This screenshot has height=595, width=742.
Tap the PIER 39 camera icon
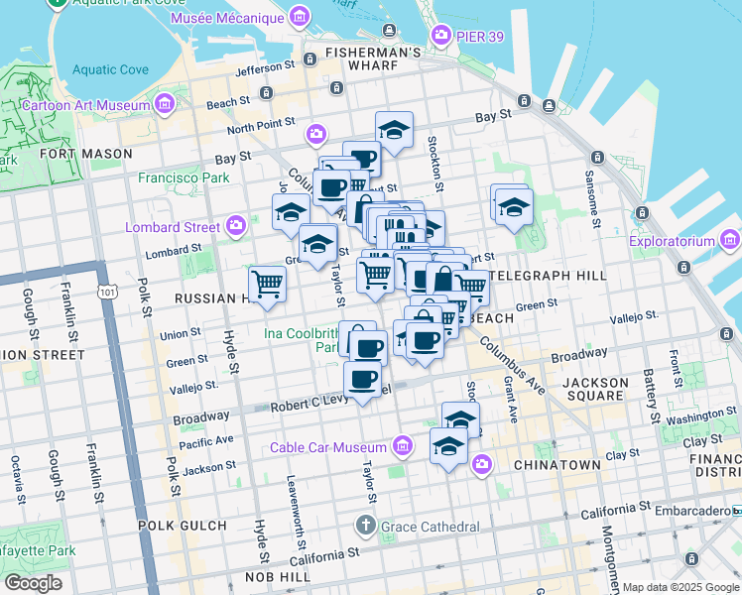[442, 37]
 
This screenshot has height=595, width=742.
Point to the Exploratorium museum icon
[731, 240]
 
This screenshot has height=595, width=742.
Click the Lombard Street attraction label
[174, 226]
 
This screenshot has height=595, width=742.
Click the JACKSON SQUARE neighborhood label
[595, 383]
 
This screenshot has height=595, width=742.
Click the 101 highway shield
[106, 292]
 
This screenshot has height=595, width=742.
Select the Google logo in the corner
[33, 583]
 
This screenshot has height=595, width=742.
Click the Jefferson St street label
[266, 70]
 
